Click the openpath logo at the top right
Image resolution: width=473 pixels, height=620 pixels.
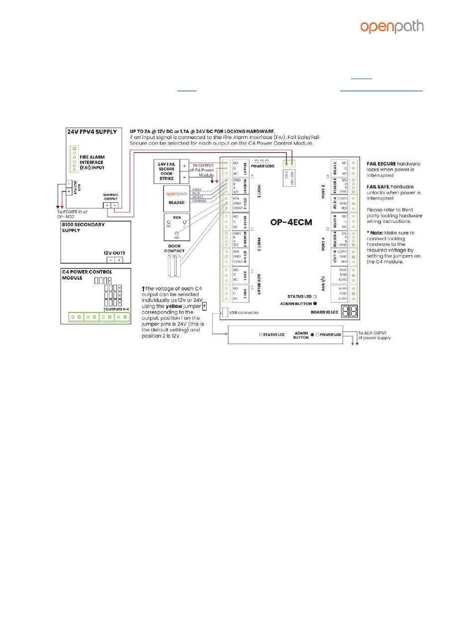pos(392,27)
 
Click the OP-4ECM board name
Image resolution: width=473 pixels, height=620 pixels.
pos(291,222)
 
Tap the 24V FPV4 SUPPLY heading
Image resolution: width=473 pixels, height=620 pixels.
pos(92,132)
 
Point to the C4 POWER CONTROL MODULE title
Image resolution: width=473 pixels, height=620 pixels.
pos(90,275)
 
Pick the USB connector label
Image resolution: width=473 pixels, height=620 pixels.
pos(245,312)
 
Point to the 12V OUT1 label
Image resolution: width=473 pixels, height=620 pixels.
pos(114,253)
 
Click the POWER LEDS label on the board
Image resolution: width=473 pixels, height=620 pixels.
pos(262,166)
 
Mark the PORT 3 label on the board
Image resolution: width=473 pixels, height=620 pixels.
pos(259,244)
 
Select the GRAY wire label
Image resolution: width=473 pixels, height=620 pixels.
pos(196,190)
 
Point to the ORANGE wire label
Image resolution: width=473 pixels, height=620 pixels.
pos(199,201)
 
